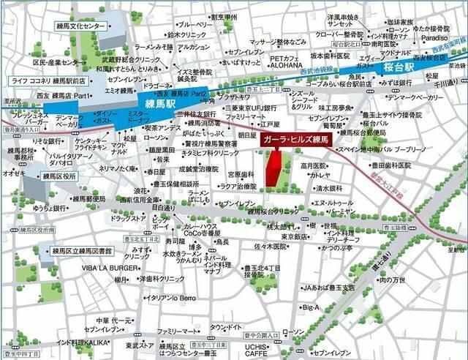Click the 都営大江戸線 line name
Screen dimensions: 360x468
point(398,177)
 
